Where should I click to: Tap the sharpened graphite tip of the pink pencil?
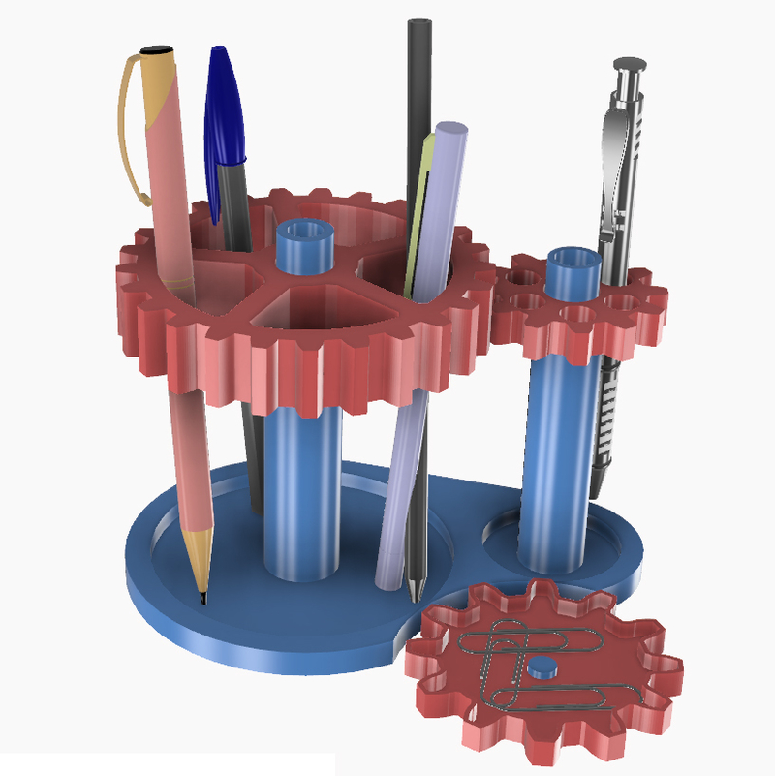pos(203,597)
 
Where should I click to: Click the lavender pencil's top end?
pos(451,132)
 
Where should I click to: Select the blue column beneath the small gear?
pos(558,455)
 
